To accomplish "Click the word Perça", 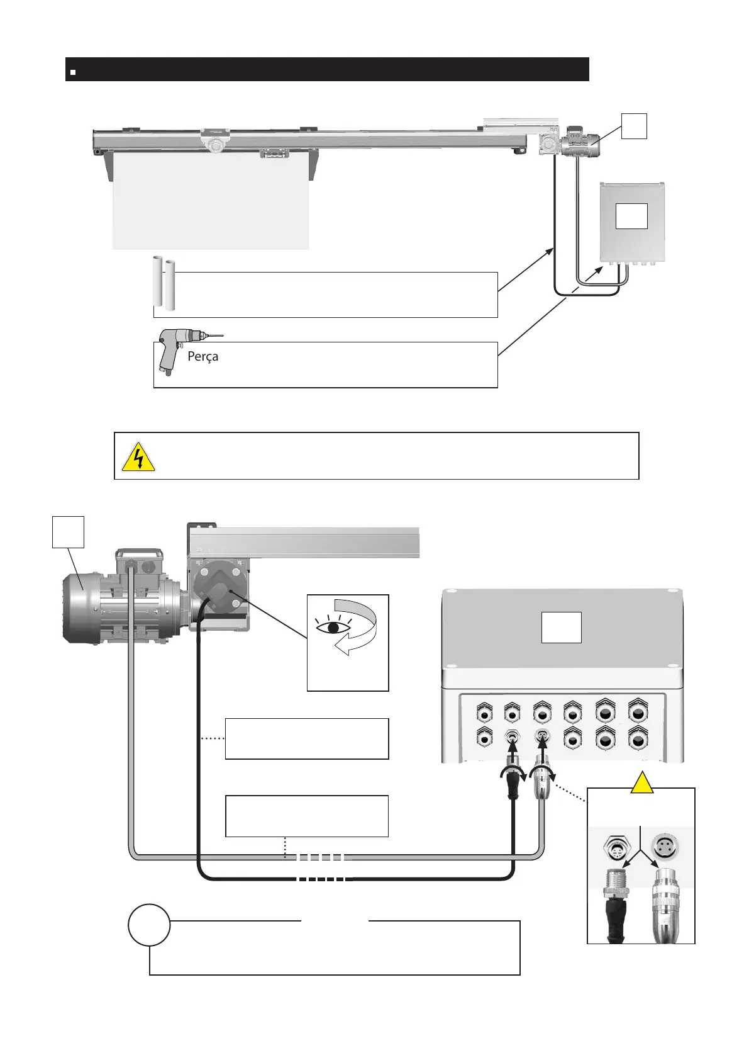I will [203, 357].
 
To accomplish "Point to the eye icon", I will [333, 628].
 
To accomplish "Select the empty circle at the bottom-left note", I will [149, 925].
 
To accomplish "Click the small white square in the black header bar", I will [73, 72].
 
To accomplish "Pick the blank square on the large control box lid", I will [561, 628].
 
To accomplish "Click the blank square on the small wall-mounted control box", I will [631, 216].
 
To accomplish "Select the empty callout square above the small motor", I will [633, 126].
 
